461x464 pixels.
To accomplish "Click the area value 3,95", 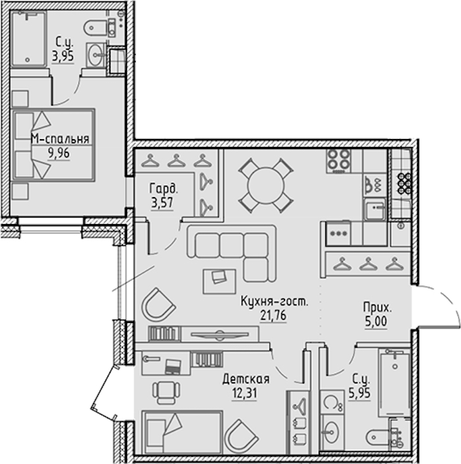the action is [63, 56].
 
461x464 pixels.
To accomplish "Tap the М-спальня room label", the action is [60, 139].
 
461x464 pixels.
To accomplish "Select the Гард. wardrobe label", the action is [164, 188].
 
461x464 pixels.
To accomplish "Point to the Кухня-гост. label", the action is [275, 302].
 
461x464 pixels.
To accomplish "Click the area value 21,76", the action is [273, 316].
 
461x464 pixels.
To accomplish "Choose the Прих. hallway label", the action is [377, 308].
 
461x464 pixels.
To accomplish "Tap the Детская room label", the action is [246, 379].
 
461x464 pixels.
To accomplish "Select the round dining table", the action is [266, 186].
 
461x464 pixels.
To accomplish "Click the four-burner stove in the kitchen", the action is [339, 161].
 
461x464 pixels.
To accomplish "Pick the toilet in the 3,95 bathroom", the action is [99, 28].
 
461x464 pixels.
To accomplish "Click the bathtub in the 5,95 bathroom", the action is [394, 384].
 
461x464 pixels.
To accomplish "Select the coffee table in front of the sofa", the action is [219, 281].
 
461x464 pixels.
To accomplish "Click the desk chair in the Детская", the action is [167, 393].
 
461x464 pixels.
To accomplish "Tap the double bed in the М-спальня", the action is [53, 145].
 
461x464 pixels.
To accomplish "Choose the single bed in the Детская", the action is [182, 432].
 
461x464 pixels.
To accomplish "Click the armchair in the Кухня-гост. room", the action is [159, 304].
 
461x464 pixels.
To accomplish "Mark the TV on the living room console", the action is [220, 335].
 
